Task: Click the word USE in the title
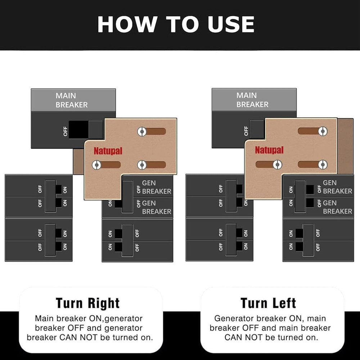pos(231,24)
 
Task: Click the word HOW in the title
pos(127,24)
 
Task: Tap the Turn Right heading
pos(88,303)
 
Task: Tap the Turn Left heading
pos(268,303)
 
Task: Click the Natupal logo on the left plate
pos(108,151)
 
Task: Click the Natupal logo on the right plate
pos(269,150)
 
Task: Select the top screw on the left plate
pos(142,131)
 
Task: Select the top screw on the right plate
pos(323,131)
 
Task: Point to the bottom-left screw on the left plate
pos(96,165)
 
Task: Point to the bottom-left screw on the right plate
pos(277,165)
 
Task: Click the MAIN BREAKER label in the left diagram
pos(72,100)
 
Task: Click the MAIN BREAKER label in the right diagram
pos(252,100)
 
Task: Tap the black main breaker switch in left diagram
pos(78,130)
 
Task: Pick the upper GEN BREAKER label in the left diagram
pos(157,187)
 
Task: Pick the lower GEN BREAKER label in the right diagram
pos(338,207)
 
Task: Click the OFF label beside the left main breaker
pos(66,131)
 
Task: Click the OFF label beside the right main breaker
pos(246,131)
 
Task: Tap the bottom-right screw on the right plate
pos(323,165)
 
